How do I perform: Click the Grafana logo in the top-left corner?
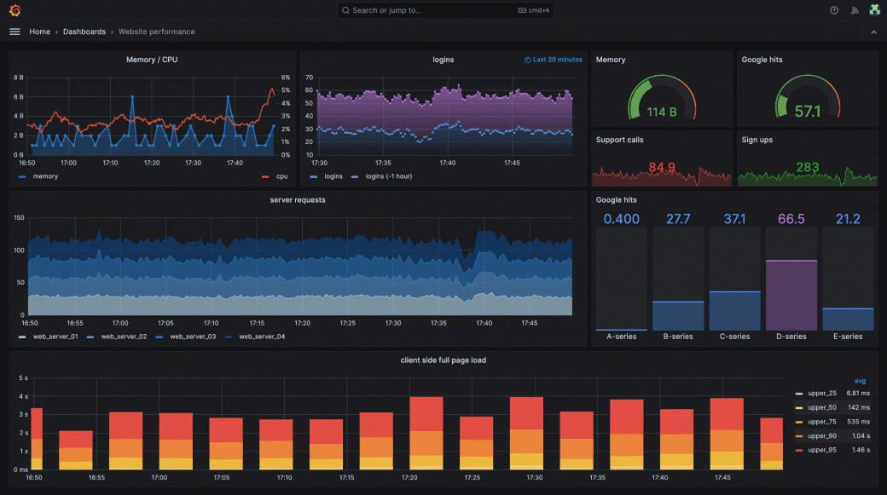click(14, 10)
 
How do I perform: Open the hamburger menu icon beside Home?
click(14, 32)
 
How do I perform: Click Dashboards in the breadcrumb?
click(84, 32)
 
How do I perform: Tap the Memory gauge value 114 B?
click(661, 112)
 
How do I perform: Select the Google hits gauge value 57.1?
click(807, 112)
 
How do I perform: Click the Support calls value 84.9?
click(662, 167)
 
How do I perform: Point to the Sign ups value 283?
click(807, 167)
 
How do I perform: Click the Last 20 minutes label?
click(557, 60)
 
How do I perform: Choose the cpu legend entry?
click(281, 176)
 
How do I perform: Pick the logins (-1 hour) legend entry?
click(386, 176)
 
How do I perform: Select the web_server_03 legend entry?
click(192, 337)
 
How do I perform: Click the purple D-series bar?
click(791, 295)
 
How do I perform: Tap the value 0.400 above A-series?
click(621, 219)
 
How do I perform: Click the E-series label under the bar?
click(848, 337)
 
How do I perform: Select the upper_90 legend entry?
click(822, 435)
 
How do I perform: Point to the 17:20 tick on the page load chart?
click(409, 478)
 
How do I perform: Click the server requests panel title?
click(297, 200)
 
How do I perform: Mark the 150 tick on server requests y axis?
click(18, 218)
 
